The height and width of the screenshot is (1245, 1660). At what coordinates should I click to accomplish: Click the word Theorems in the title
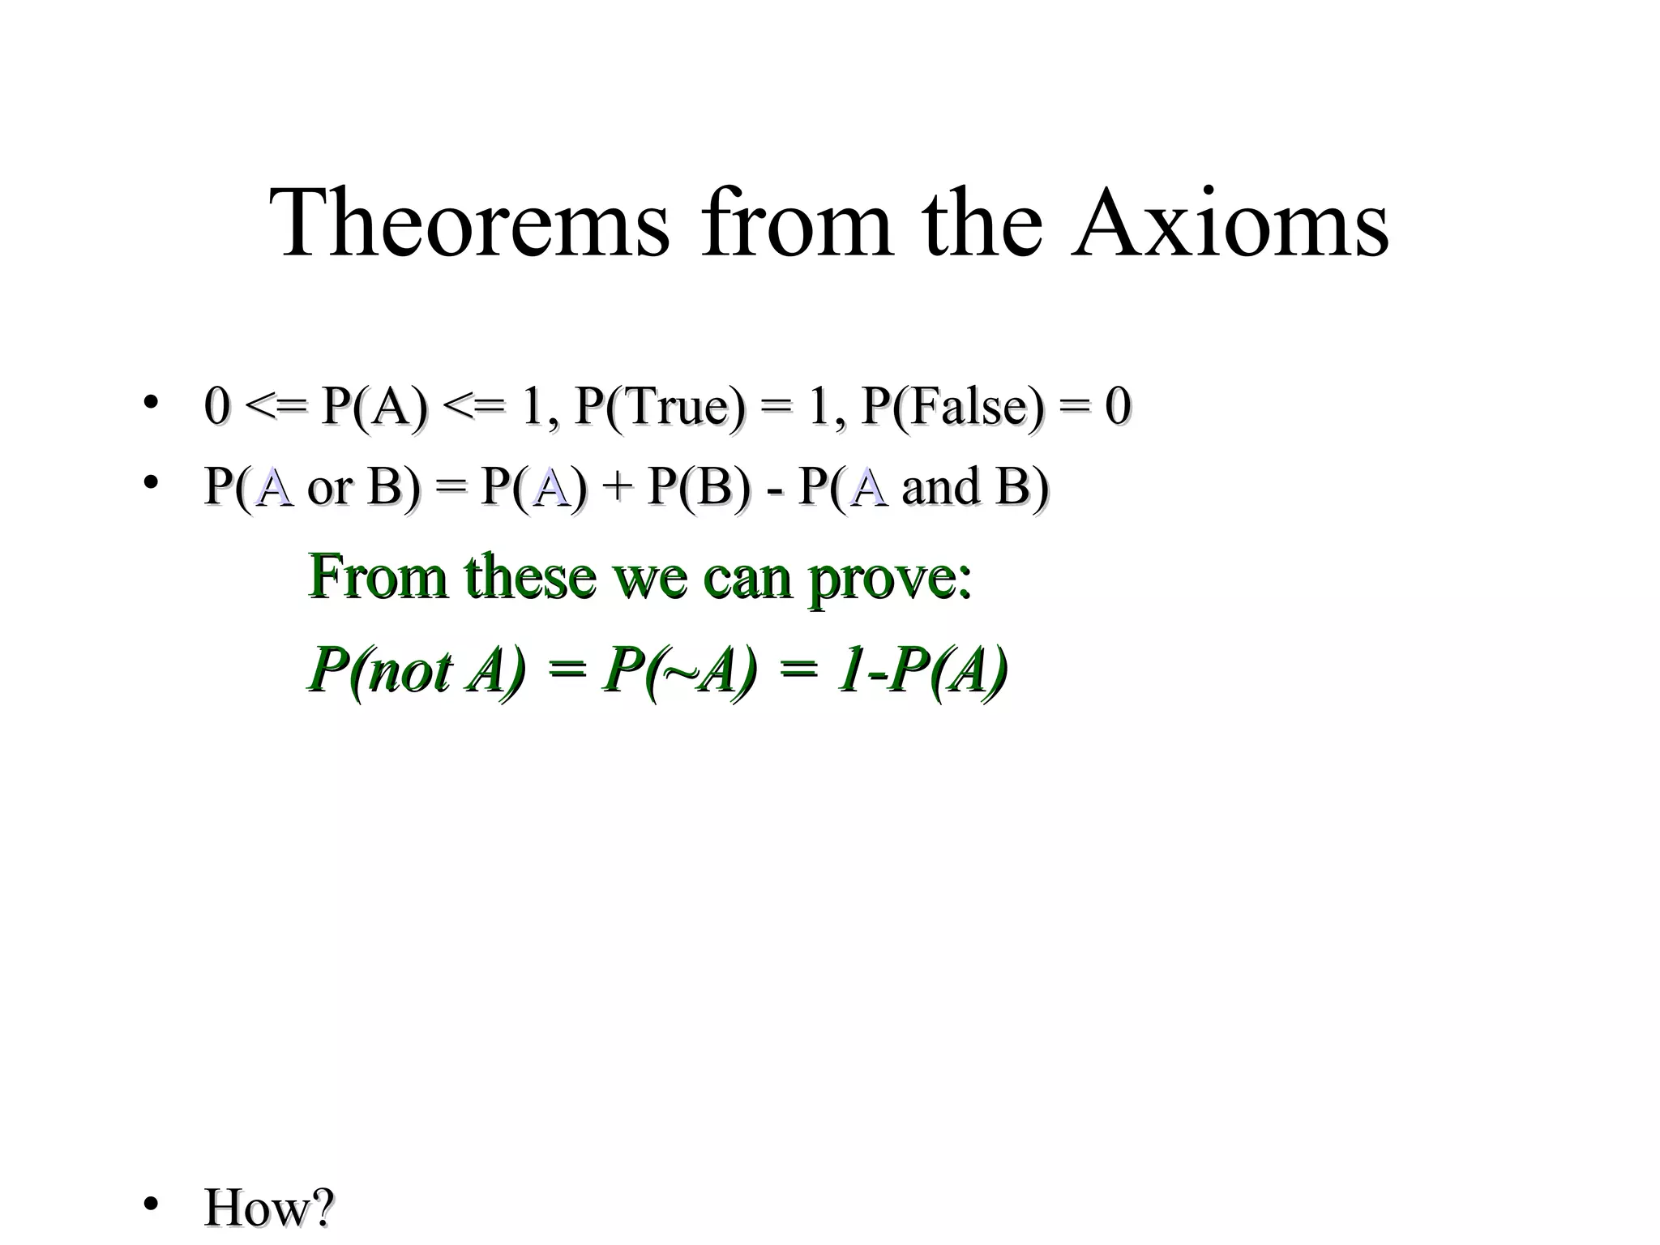(x=470, y=223)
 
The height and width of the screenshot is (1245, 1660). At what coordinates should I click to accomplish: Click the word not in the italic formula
(x=409, y=673)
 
